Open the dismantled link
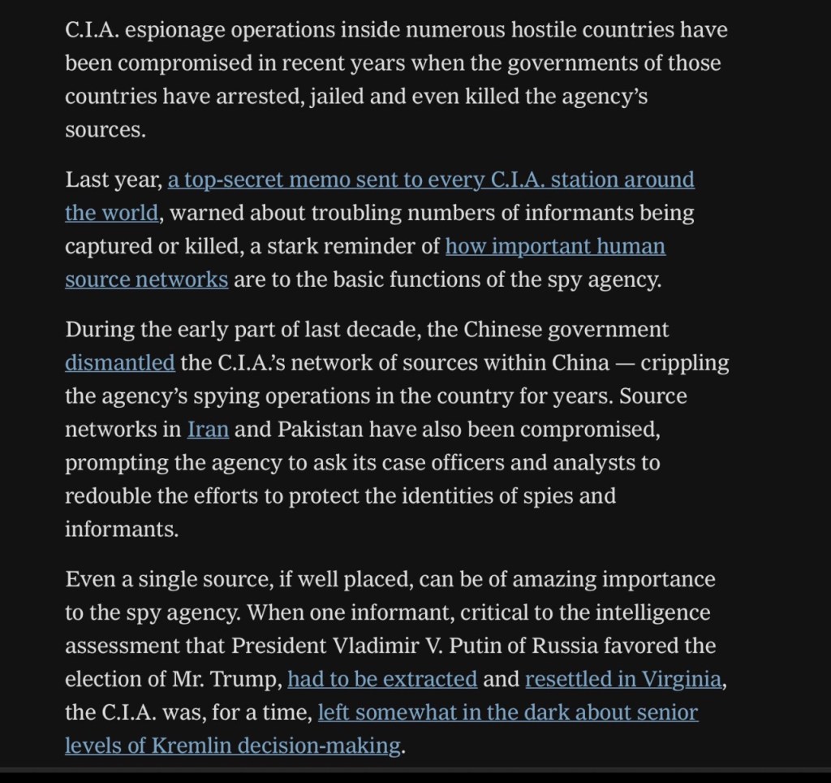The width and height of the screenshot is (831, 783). point(119,362)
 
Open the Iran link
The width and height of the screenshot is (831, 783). point(208,429)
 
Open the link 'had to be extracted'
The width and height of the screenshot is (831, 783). point(382,679)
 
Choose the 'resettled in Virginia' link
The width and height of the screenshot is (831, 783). point(622,679)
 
